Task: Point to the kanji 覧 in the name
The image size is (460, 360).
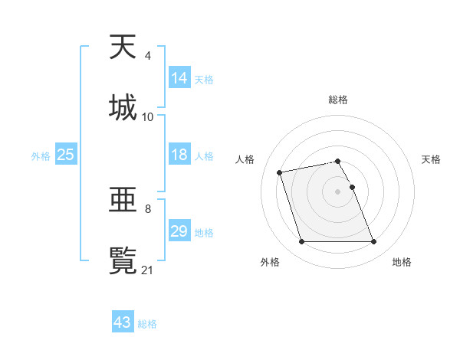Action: [x=123, y=260]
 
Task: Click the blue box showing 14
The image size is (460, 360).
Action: [x=179, y=78]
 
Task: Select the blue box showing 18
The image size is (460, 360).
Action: [x=179, y=155]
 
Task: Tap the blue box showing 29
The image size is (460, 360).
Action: [x=179, y=231]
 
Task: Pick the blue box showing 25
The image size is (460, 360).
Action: [x=66, y=155]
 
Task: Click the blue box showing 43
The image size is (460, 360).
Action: [x=123, y=322]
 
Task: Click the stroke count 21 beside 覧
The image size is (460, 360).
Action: [x=148, y=270]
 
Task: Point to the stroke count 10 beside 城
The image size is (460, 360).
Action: [x=148, y=117]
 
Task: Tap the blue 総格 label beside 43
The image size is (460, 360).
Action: [x=147, y=324]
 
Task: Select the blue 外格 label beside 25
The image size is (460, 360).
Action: [x=41, y=156]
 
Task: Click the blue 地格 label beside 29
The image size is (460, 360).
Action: [x=204, y=233]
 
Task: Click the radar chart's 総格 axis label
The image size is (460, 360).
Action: [x=338, y=100]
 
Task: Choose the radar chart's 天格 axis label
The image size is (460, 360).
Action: [x=432, y=159]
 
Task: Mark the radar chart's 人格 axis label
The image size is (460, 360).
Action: [x=245, y=159]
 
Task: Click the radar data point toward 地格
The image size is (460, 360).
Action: [x=373, y=242]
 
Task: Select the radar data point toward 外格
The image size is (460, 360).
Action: [x=301, y=242]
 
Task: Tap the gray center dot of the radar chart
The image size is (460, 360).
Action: [x=338, y=191]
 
